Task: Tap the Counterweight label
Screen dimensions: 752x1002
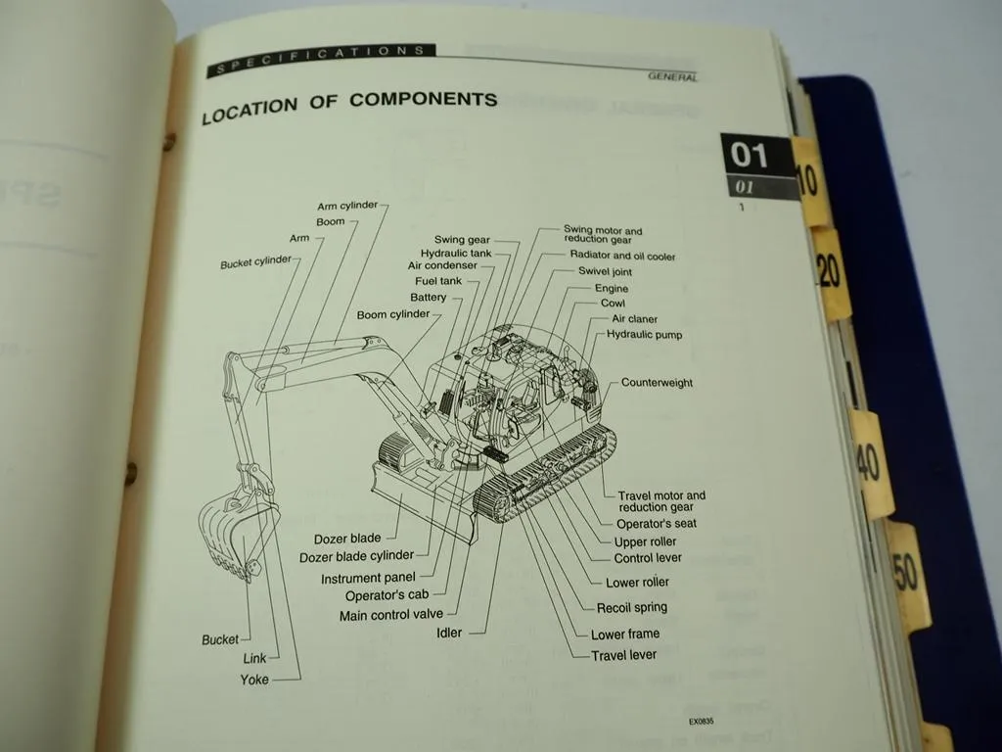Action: (657, 383)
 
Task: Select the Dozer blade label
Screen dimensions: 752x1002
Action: (347, 540)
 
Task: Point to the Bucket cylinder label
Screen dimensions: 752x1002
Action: (255, 263)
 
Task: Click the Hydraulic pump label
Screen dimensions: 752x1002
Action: (644, 335)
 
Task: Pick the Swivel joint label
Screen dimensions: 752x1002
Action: (605, 272)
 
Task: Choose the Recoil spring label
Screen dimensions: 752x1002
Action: (631, 607)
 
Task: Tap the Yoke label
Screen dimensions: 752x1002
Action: (254, 680)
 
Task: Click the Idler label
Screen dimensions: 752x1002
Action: (449, 633)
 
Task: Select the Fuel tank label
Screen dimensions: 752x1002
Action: (438, 281)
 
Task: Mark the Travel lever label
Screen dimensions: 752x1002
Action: (623, 655)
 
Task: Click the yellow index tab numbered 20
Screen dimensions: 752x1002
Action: (830, 271)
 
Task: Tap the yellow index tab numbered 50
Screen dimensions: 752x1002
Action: (906, 573)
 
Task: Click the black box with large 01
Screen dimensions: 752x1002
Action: (751, 155)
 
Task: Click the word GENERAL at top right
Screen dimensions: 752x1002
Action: (672, 76)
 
